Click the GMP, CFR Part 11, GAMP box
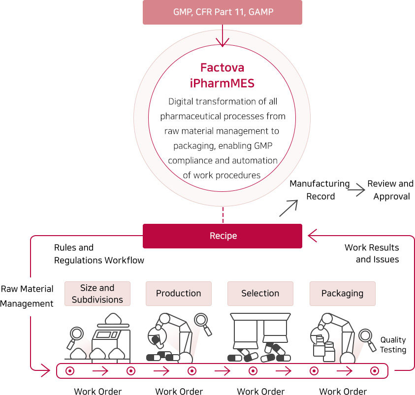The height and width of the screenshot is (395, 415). [222, 12]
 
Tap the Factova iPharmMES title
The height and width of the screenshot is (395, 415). [222, 75]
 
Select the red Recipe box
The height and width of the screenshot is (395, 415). [222, 236]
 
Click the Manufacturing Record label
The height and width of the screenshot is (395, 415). [319, 190]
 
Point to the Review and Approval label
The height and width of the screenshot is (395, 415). [390, 190]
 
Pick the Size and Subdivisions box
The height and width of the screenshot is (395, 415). [97, 294]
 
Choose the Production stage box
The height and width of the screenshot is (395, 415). [178, 293]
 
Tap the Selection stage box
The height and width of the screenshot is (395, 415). [260, 293]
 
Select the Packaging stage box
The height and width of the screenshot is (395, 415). [342, 293]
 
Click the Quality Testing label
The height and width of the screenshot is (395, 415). [393, 345]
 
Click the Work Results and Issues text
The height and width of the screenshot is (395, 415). [372, 253]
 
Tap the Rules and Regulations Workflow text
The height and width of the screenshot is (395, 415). [99, 254]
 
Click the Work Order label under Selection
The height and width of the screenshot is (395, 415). [260, 392]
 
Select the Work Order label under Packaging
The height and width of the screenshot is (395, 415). [343, 392]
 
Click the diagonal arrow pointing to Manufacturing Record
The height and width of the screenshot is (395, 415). [288, 208]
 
